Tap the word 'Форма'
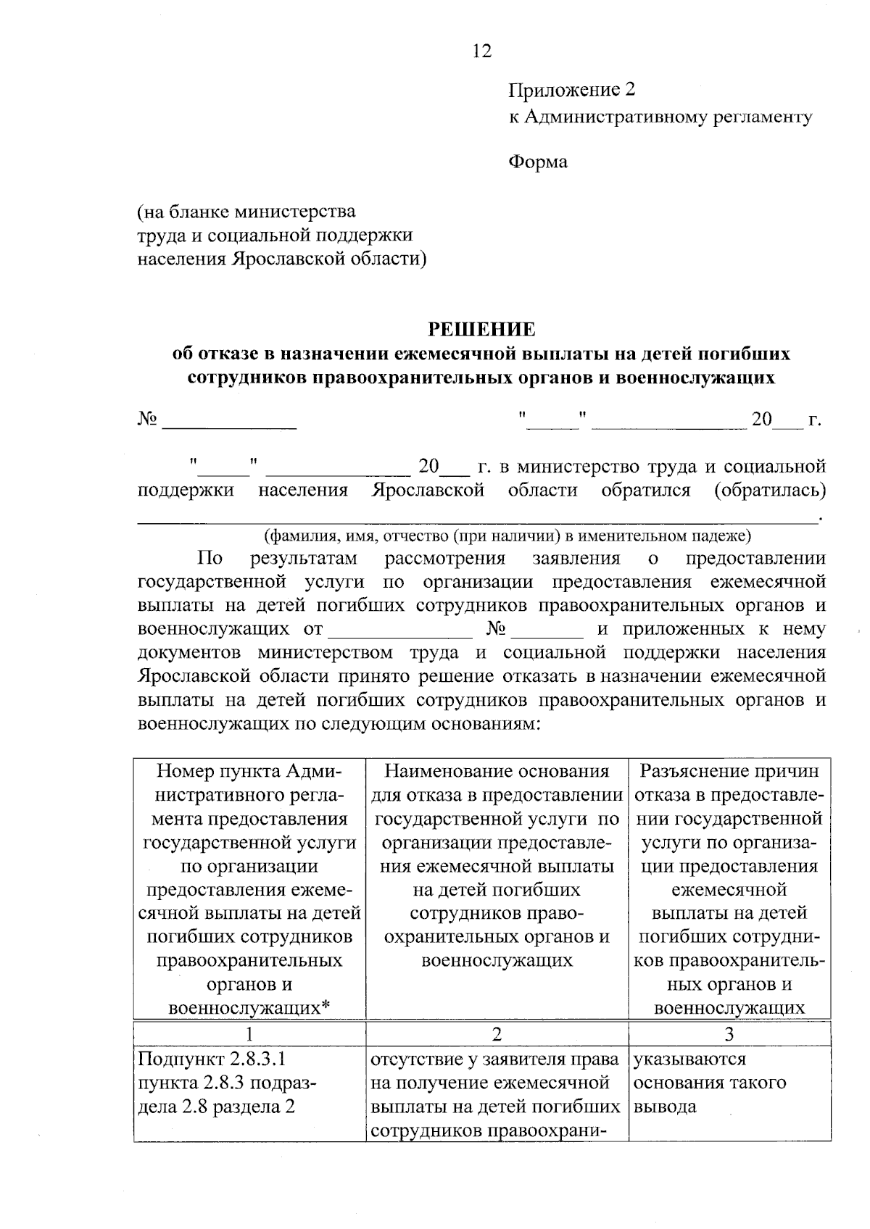click(537, 162)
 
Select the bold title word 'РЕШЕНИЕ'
click(481, 330)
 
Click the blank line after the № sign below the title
click(229, 422)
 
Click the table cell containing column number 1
click(249, 1033)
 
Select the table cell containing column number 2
click(497, 1033)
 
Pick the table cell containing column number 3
click(729, 1033)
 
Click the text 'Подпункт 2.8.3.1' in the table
click(212, 1059)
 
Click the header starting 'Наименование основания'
click(497, 771)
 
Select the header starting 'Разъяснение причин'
click(729, 771)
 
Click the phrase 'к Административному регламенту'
click(660, 117)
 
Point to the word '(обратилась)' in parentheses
click(770, 491)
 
